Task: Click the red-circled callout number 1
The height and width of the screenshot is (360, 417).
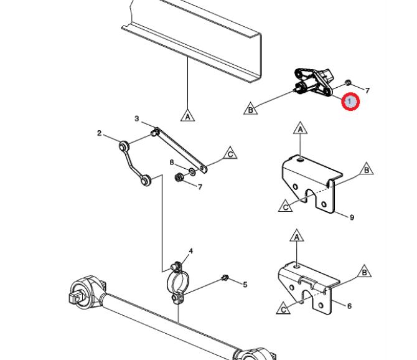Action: pyautogui.click(x=351, y=101)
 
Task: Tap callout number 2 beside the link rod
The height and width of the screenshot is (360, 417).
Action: pyautogui.click(x=99, y=133)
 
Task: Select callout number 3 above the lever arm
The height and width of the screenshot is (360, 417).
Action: pyautogui.click(x=136, y=118)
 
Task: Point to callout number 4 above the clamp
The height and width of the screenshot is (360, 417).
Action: pyautogui.click(x=191, y=252)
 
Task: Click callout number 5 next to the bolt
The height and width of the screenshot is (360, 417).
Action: pyautogui.click(x=245, y=285)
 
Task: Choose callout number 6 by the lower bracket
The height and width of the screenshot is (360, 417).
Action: pyautogui.click(x=349, y=306)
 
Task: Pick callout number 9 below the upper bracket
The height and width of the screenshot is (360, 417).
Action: pyautogui.click(x=352, y=217)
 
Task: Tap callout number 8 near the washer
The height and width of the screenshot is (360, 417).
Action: pyautogui.click(x=172, y=163)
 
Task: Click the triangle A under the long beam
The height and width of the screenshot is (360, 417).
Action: pyautogui.click(x=187, y=115)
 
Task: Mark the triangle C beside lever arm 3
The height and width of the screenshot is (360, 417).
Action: pyautogui.click(x=230, y=153)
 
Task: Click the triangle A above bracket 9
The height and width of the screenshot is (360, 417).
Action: pyautogui.click(x=300, y=130)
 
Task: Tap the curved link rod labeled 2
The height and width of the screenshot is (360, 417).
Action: pyautogui.click(x=133, y=163)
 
